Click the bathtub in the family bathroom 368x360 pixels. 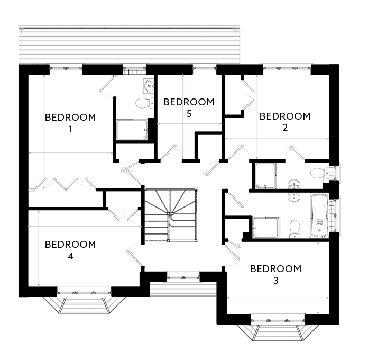pyautogui.click(x=319, y=214)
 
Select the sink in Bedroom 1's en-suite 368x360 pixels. pyautogui.click(x=148, y=85)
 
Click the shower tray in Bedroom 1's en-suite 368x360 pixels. pyautogui.click(x=132, y=130)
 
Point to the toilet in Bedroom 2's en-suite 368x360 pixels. pyautogui.click(x=319, y=172)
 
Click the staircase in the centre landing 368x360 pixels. pyautogui.click(x=169, y=214)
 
